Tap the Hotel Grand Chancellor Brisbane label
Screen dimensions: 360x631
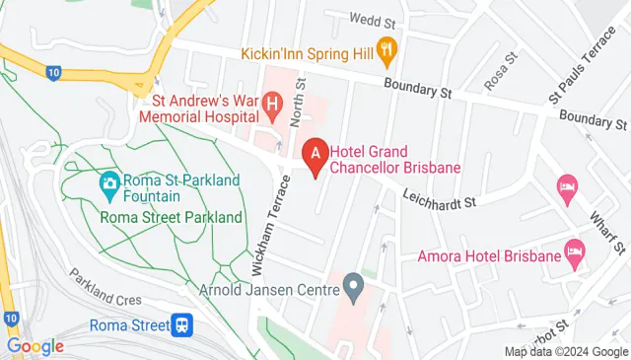(x=395, y=159)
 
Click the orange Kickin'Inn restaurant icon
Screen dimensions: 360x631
(x=388, y=45)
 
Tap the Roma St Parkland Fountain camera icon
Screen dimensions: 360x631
(x=109, y=182)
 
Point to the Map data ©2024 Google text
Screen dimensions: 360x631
(x=566, y=351)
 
